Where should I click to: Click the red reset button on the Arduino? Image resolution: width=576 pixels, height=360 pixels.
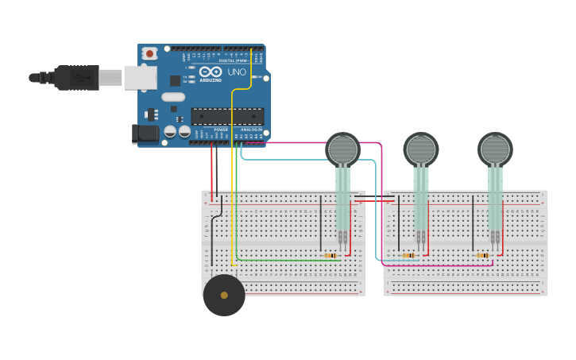pyautogui.click(x=149, y=53)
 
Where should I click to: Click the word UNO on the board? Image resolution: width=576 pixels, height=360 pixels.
pyautogui.click(x=237, y=72)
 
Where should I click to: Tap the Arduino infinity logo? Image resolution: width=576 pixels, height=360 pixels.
pyautogui.click(x=211, y=72)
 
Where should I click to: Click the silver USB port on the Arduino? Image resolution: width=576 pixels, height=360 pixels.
pyautogui.click(x=140, y=77)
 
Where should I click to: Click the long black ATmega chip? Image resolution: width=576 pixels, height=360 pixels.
pyautogui.click(x=227, y=116)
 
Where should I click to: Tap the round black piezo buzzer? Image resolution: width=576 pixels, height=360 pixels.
pyautogui.click(x=224, y=295)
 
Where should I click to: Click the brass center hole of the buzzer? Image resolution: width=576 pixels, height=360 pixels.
pyautogui.click(x=224, y=295)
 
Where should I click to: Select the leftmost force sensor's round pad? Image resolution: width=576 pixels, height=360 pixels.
pyautogui.click(x=343, y=149)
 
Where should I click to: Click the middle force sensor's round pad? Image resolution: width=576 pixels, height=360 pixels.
pyautogui.click(x=421, y=149)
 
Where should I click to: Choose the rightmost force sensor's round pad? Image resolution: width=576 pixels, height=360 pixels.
pyautogui.click(x=495, y=149)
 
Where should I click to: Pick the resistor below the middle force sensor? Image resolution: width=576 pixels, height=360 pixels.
pyautogui.click(x=409, y=255)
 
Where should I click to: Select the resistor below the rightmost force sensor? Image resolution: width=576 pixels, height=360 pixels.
pyautogui.click(x=483, y=255)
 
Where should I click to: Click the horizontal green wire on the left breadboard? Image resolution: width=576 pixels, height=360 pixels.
pyautogui.click(x=286, y=260)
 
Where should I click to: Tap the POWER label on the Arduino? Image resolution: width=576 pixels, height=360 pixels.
pyautogui.click(x=221, y=130)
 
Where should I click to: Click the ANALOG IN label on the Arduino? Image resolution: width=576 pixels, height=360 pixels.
pyautogui.click(x=252, y=130)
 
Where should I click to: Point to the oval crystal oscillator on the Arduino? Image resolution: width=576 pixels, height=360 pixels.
pyautogui.click(x=173, y=97)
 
